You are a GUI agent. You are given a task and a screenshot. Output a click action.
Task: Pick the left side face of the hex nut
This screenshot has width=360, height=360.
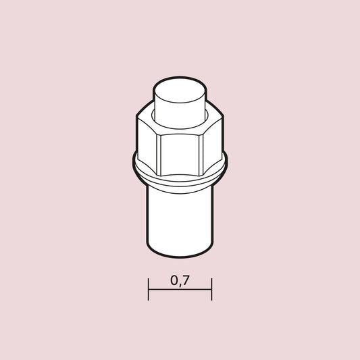click(147, 145)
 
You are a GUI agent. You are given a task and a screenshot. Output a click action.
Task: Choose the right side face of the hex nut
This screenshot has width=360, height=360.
click(213, 145)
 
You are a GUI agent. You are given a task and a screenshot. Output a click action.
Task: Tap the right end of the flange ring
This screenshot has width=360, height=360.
click(225, 162)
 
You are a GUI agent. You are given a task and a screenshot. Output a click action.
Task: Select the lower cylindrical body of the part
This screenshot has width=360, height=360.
click(180, 216)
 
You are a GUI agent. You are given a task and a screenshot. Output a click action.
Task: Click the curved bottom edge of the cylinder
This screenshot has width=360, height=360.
click(180, 255)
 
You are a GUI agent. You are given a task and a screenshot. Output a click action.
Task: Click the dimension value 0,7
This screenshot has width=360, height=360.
click(180, 280)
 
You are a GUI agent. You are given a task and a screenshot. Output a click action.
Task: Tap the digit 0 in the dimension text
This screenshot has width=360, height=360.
click(174, 280)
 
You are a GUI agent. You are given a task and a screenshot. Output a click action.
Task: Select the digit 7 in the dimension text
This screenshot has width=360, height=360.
click(186, 280)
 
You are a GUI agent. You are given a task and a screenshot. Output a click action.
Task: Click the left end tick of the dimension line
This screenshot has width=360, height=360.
click(149, 289)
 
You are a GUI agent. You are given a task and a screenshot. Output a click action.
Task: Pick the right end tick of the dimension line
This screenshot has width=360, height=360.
click(211, 289)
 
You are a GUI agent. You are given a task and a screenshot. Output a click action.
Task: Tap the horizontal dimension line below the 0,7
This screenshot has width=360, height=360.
click(180, 289)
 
